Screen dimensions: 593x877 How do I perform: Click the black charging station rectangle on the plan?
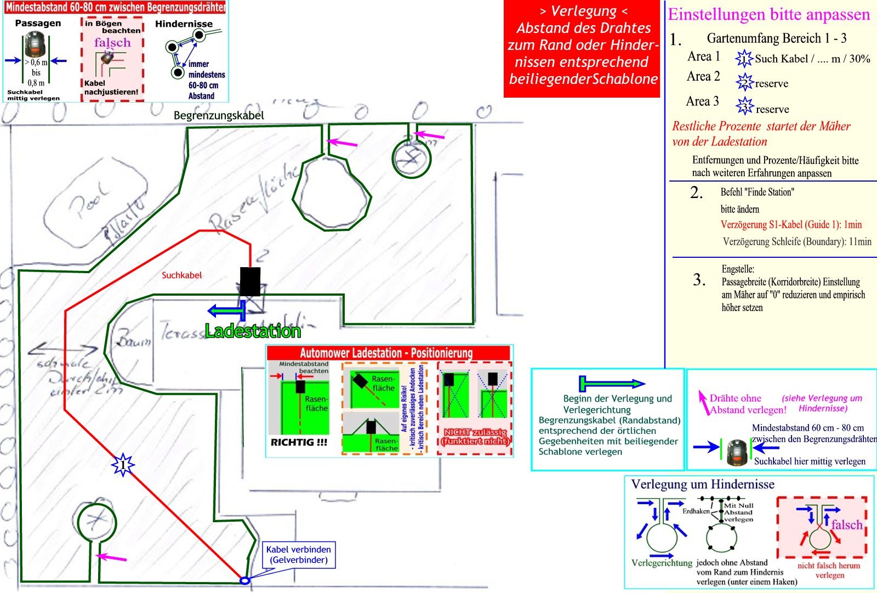250,281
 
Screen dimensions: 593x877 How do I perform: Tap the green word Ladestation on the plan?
253,331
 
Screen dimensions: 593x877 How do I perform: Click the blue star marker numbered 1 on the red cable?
123,465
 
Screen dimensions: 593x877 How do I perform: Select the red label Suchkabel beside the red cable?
181,275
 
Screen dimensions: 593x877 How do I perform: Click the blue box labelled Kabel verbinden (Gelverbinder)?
298,555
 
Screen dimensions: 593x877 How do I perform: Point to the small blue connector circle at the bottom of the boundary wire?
244,580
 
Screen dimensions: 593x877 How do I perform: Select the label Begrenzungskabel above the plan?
219,115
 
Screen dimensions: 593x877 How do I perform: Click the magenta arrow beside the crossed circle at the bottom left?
112,558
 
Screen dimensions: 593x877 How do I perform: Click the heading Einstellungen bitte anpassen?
768,15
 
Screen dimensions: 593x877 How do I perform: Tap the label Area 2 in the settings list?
703,76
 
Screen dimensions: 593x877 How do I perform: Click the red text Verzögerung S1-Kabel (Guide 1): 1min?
791,224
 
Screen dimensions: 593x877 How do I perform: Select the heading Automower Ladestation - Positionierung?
386,353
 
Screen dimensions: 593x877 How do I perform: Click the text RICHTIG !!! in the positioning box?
299,442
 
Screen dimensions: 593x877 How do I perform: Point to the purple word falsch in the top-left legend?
112,43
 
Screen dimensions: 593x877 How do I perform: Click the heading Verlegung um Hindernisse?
703,484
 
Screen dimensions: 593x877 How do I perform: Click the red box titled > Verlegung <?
583,49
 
